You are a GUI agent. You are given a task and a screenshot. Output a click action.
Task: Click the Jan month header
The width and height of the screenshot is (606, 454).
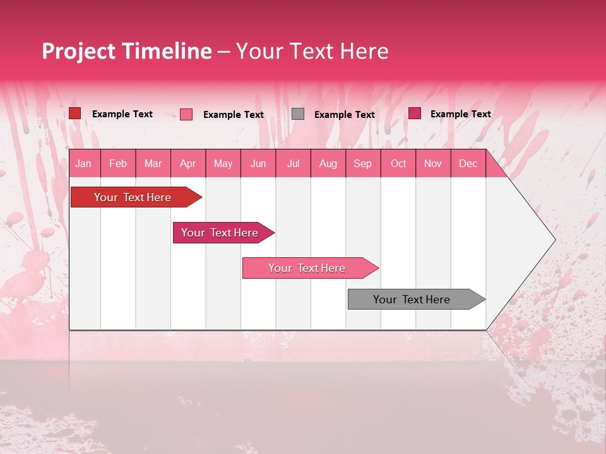pyautogui.click(x=83, y=163)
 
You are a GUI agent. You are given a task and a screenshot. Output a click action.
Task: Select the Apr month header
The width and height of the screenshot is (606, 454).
pyautogui.click(x=188, y=163)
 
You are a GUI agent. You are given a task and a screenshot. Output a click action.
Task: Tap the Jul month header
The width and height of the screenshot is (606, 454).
pyautogui.click(x=293, y=163)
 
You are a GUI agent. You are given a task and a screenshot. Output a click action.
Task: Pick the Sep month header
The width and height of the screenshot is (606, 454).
pyautogui.click(x=362, y=163)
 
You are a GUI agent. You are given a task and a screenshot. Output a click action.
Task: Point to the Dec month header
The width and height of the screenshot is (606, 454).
pyautogui.click(x=468, y=163)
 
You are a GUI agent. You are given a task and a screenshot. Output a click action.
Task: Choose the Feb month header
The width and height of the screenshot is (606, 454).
pyautogui.click(x=118, y=163)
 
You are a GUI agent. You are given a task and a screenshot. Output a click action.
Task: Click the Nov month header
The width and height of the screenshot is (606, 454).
pyautogui.click(x=432, y=163)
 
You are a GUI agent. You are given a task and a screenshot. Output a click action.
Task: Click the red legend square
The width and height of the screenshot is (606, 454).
pyautogui.click(x=75, y=113)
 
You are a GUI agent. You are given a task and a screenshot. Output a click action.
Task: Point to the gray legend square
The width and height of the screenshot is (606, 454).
pyautogui.click(x=298, y=114)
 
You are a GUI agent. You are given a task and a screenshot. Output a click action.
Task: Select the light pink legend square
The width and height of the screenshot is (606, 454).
pyautogui.click(x=186, y=114)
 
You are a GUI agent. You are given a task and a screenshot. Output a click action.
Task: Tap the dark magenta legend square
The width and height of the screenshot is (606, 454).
pyautogui.click(x=415, y=113)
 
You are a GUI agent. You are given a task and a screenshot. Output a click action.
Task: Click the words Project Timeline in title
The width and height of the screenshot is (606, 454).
pyautogui.click(x=127, y=51)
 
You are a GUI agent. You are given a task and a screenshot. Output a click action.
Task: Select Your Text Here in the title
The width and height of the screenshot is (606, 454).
pyautogui.click(x=312, y=51)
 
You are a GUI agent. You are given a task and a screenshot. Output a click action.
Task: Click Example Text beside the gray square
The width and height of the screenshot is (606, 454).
pyautogui.click(x=344, y=115)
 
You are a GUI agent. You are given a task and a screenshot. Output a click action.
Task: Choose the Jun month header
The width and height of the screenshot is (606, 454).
pyautogui.click(x=258, y=163)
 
